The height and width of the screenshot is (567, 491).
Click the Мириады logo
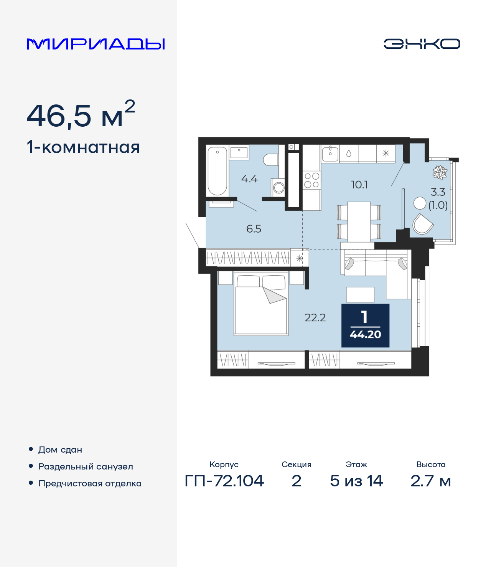tap(96, 44)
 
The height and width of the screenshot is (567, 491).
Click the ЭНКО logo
tap(422, 44)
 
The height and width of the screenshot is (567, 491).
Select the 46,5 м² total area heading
tap(81, 115)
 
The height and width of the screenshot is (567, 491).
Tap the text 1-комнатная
tap(83, 147)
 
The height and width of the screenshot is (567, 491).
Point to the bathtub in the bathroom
tap(217, 171)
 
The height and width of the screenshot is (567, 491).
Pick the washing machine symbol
tap(278, 188)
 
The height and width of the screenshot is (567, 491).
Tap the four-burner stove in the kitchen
tap(311, 180)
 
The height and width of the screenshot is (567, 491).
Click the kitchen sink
tap(330, 153)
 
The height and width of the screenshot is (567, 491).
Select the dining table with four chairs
tap(359, 222)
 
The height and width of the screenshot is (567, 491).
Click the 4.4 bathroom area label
tap(249, 179)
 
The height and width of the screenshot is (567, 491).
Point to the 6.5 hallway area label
tap(254, 229)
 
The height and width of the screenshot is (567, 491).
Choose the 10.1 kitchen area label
tap(359, 185)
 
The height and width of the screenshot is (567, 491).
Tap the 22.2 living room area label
tap(315, 318)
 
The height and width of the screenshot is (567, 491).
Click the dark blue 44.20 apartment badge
tap(365, 326)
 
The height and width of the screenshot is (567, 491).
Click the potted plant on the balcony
tap(440, 172)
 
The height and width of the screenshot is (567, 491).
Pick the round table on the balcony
tap(420, 203)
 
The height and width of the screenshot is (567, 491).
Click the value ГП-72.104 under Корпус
tap(224, 481)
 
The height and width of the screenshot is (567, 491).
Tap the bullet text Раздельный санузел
tap(86, 467)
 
